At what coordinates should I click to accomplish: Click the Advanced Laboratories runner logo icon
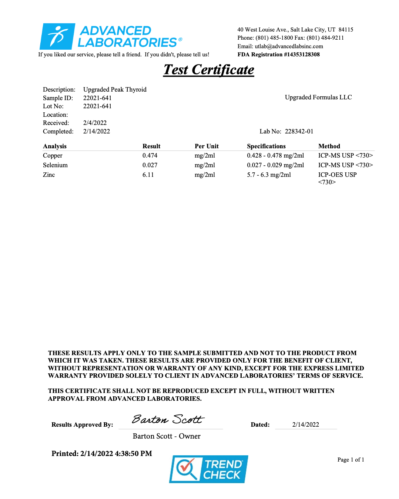57,36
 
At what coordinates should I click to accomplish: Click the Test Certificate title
209,70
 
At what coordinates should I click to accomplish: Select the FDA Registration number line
278,54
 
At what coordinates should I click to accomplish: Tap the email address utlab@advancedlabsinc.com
289,46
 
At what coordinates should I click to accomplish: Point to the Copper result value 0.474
150,156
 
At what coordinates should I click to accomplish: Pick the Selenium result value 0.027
150,165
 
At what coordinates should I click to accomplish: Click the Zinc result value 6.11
148,175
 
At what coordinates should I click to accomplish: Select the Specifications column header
266,146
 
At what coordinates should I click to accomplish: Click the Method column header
329,146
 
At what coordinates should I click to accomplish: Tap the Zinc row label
49,175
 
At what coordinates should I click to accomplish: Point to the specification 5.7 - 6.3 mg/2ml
269,175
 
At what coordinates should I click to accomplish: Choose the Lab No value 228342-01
299,132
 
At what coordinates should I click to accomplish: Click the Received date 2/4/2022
95,123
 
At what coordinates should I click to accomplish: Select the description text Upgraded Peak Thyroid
115,90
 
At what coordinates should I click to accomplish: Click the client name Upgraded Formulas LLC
318,98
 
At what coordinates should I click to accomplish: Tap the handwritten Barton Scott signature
168,419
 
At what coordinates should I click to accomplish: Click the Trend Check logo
208,469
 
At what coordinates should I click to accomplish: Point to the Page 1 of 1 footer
351,460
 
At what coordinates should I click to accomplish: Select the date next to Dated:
305,425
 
